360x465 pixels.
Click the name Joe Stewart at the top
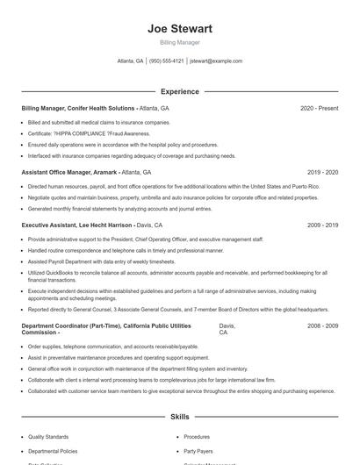179,28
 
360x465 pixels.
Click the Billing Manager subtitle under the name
179,42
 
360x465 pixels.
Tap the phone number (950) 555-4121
167,61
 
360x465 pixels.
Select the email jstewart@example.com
216,61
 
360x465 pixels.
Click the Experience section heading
179,91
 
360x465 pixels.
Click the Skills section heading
179,417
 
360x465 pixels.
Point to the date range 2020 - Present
319,108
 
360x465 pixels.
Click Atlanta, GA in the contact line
130,61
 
